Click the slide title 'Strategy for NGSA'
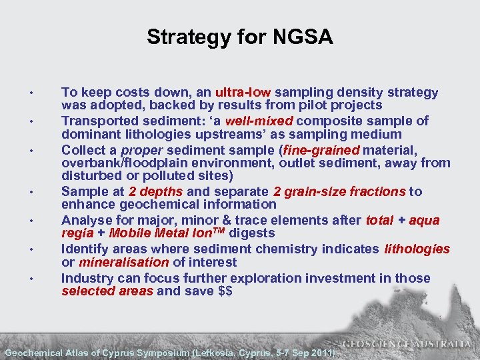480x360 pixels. pyautogui.click(x=239, y=37)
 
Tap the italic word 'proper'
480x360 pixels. pyautogui.click(x=139, y=149)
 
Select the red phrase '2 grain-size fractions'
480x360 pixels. pyautogui.click(x=344, y=192)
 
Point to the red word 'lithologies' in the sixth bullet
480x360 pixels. pyautogui.click(x=417, y=249)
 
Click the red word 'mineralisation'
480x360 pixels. pyautogui.click(x=116, y=263)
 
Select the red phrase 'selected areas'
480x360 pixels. pyautogui.click(x=107, y=291)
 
